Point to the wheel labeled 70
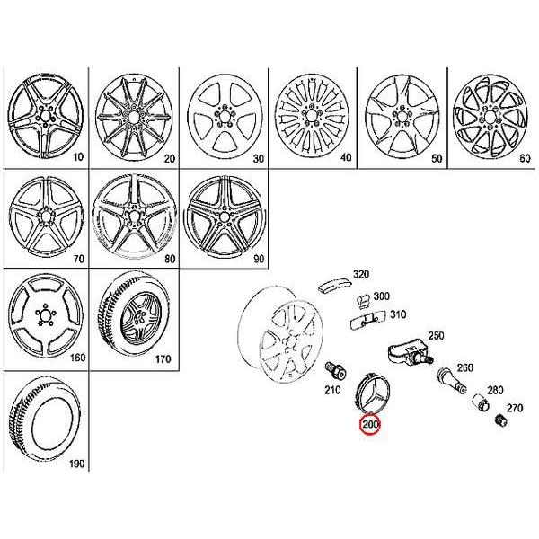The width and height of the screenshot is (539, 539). click(44, 216)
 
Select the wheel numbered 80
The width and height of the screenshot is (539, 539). click(132, 216)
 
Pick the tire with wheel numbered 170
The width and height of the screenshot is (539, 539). click(132, 314)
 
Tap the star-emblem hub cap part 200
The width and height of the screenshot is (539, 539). click(368, 393)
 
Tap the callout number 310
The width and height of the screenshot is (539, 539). click(397, 314)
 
